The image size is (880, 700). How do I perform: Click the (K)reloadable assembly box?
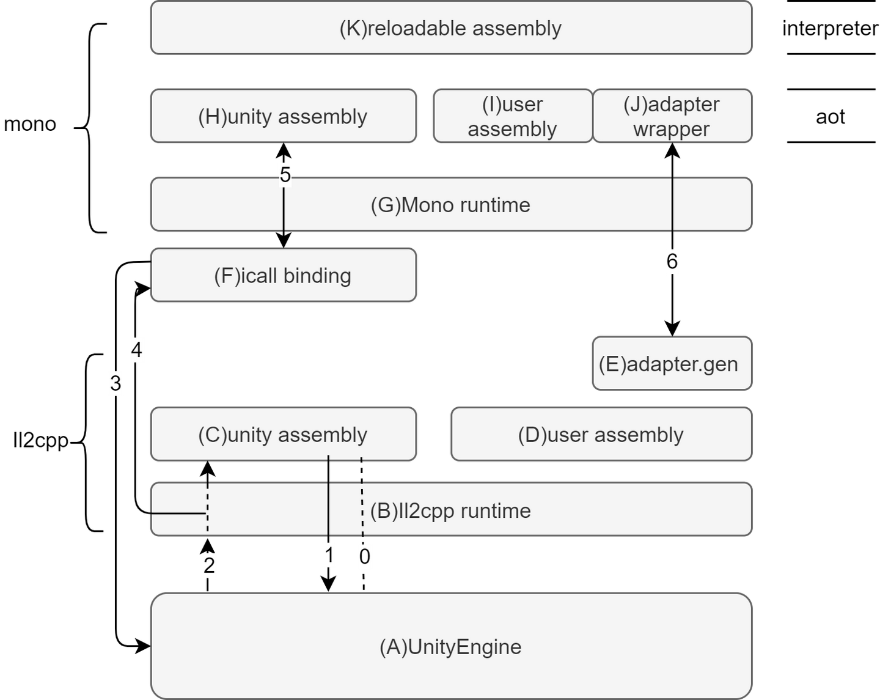pyautogui.click(x=451, y=28)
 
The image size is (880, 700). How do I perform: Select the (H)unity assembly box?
pyautogui.click(x=283, y=116)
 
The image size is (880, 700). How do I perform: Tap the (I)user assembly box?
pyautogui.click(x=512, y=116)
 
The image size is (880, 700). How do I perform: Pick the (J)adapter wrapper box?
pyautogui.click(x=672, y=116)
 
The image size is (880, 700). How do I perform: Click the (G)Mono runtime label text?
pyautogui.click(x=450, y=205)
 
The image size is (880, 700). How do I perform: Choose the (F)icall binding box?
pyautogui.click(x=283, y=275)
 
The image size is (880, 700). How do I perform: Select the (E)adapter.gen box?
pyautogui.click(x=671, y=364)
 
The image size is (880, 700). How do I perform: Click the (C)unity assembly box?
pyautogui.click(x=283, y=435)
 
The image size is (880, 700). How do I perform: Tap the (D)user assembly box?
pyautogui.click(x=601, y=435)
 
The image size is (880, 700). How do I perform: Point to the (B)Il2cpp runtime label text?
pyautogui.click(x=450, y=510)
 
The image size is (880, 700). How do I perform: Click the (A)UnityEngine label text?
pyautogui.click(x=450, y=647)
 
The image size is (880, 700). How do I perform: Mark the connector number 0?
pyautogui.click(x=364, y=556)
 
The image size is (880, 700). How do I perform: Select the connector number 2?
pyautogui.click(x=209, y=566)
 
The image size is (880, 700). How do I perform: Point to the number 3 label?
pyautogui.click(x=116, y=384)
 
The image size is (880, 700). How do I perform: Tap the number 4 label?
pyautogui.click(x=137, y=350)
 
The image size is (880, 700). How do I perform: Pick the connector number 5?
pyautogui.click(x=285, y=174)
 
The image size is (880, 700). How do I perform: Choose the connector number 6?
pyautogui.click(x=672, y=262)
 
